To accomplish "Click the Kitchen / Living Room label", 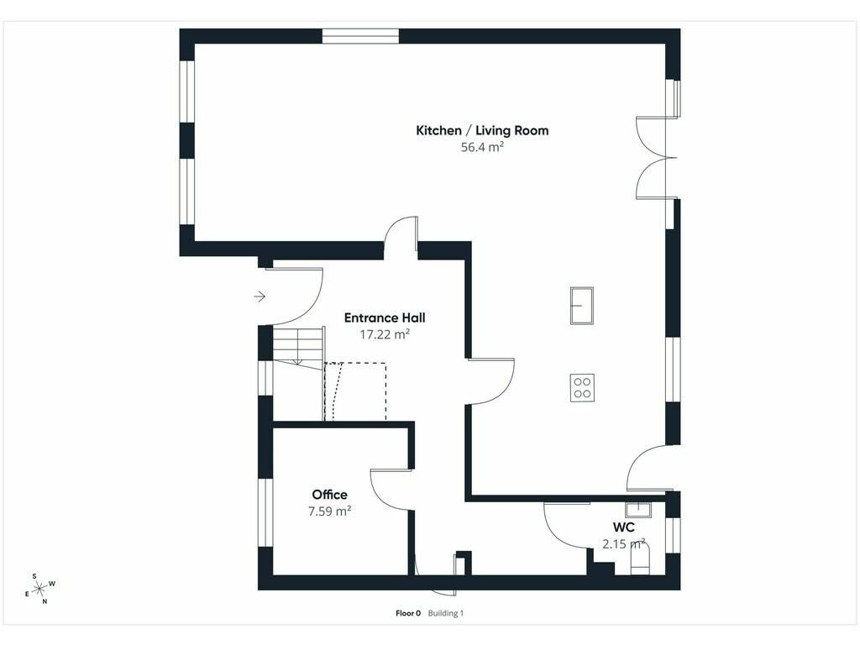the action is click(482, 130).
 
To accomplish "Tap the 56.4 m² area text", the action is click(482, 147).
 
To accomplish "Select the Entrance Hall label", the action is click(385, 317).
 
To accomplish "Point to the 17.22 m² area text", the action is click(385, 334).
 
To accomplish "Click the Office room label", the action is click(329, 495).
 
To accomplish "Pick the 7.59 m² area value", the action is click(329, 511).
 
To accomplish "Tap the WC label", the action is click(624, 527).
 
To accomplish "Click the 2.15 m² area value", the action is click(624, 544).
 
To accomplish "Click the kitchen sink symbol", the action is click(582, 306).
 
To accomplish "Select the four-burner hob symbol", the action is click(582, 388).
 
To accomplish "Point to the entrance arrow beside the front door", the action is click(260, 296).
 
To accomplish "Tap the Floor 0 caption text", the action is click(408, 613).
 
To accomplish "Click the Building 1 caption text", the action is click(446, 613).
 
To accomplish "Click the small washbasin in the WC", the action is click(638, 510).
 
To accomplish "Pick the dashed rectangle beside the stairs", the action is click(355, 391).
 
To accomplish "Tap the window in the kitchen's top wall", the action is click(360, 35).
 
